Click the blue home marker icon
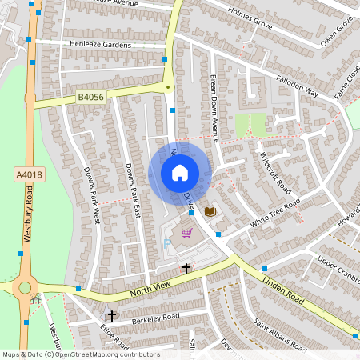point(179,172)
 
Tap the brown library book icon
point(210,211)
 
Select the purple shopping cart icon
point(186,233)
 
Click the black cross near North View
point(186,269)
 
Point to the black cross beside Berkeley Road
point(111,316)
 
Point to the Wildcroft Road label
point(274,173)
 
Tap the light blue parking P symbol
point(167,242)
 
